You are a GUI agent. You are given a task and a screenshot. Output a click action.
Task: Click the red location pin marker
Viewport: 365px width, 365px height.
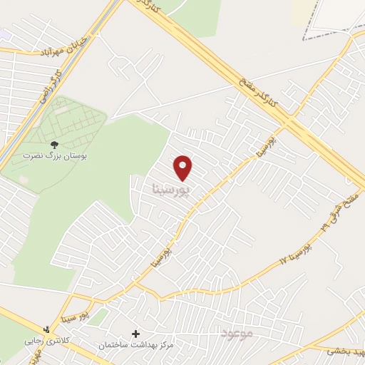point(184,167)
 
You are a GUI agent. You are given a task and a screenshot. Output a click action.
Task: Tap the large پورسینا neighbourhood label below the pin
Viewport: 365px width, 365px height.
point(173,190)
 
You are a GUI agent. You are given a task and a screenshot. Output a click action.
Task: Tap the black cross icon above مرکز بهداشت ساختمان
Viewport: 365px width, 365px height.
point(135,333)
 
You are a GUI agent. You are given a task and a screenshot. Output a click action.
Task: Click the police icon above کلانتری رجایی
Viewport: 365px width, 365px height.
point(47,329)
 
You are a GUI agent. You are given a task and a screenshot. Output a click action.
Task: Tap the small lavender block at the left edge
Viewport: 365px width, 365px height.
point(4,34)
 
